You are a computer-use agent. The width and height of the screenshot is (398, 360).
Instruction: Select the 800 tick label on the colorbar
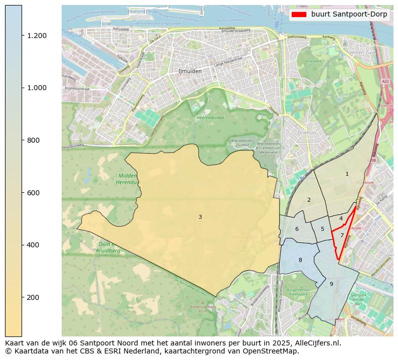34,140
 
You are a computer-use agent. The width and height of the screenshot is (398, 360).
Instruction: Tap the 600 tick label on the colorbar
34,193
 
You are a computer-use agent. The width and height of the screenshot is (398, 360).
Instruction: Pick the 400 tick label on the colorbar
34,245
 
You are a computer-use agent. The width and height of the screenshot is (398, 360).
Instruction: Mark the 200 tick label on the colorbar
34,297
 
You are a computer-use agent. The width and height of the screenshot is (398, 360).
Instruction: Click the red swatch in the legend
299,15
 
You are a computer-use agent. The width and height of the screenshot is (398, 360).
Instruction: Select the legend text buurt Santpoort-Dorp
349,15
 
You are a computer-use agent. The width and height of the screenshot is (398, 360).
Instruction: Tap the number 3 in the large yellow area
200,217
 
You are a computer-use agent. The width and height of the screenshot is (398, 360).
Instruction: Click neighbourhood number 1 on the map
347,174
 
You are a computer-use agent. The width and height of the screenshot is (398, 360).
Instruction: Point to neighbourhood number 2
309,200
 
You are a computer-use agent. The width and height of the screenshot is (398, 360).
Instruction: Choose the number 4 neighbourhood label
341,218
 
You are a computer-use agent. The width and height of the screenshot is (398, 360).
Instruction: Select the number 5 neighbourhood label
322,229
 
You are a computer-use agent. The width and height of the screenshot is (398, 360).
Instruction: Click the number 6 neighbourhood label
297,229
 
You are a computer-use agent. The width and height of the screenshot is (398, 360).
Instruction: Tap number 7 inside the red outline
342,235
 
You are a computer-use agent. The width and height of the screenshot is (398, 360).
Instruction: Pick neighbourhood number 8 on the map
300,260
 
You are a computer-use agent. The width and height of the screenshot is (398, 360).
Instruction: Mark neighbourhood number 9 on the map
331,284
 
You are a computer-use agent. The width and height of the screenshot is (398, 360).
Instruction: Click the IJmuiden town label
190,71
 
